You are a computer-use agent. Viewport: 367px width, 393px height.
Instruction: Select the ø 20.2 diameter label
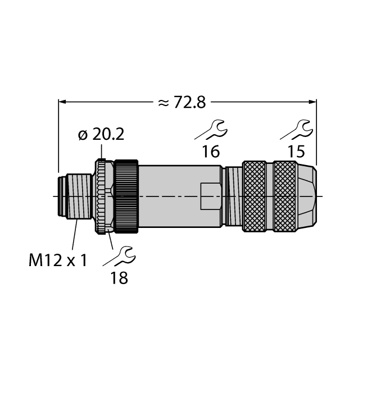(101, 135)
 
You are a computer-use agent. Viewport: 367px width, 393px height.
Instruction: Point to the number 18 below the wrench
(119, 277)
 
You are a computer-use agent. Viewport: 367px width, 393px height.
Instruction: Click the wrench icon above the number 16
(211, 130)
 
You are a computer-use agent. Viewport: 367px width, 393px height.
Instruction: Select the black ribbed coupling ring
(126, 196)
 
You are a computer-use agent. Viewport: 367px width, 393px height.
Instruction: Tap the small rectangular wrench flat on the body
(210, 196)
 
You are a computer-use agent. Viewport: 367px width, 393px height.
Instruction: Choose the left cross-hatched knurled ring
(253, 196)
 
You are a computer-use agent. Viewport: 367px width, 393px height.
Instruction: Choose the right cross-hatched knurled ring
(285, 196)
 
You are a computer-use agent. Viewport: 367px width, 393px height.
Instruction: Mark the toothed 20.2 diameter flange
(102, 196)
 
